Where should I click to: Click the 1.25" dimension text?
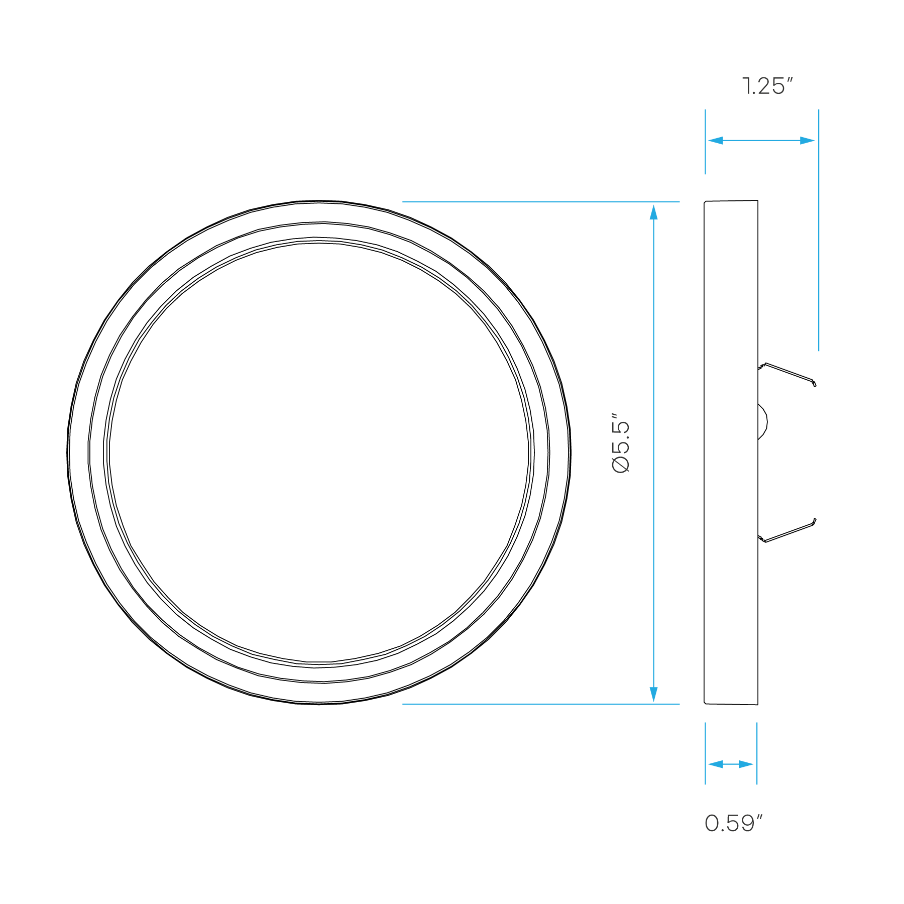[767, 86]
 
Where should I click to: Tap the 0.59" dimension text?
[733, 824]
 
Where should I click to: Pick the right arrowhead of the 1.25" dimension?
[808, 141]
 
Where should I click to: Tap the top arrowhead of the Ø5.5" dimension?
[653, 212]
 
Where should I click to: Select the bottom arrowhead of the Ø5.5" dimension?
[653, 694]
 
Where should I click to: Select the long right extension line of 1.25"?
[819, 251]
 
